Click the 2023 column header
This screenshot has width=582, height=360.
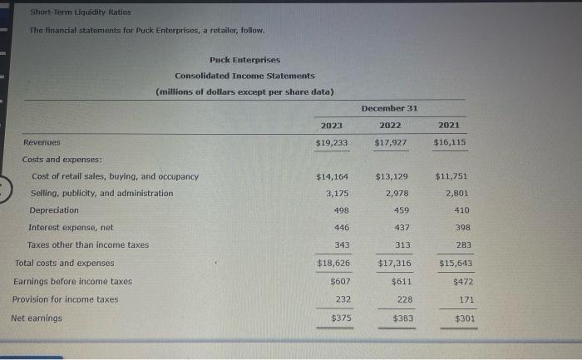coord(332,125)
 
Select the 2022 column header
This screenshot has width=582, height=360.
coord(390,125)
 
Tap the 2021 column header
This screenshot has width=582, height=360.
coord(449,125)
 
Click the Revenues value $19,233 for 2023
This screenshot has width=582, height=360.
coord(332,142)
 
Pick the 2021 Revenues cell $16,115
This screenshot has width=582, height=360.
coord(450,142)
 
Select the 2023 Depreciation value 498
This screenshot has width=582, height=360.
coord(341,210)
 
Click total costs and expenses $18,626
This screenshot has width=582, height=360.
coord(333,263)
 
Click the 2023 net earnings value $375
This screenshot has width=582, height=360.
coord(341,318)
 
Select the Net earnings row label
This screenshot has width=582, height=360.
coord(37,318)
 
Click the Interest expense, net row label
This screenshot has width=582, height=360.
coord(72,228)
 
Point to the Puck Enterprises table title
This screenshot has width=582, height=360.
coord(245,60)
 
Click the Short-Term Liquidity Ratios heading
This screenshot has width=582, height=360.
coord(81,12)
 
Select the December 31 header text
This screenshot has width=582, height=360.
coord(390,108)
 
